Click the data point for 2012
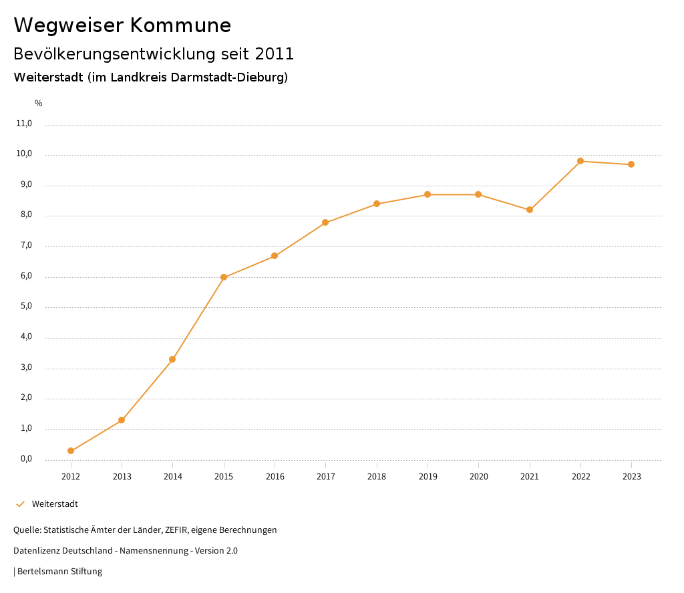coord(71,451)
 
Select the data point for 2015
coord(224,277)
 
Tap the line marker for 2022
coord(580,161)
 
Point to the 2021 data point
coord(530,210)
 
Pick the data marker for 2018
coord(377,204)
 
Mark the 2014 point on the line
coord(172,359)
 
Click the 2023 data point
coord(631,164)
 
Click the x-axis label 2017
coord(326,477)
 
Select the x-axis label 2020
coord(479,477)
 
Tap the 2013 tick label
coord(122,477)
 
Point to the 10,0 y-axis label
coord(23,154)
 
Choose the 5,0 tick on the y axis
coord(25,307)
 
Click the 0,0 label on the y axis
coord(25,459)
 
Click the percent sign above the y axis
coord(39,104)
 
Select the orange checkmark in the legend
coord(20,504)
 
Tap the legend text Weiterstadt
coord(55,504)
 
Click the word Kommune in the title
coord(180,25)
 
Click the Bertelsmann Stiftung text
coord(59,572)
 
